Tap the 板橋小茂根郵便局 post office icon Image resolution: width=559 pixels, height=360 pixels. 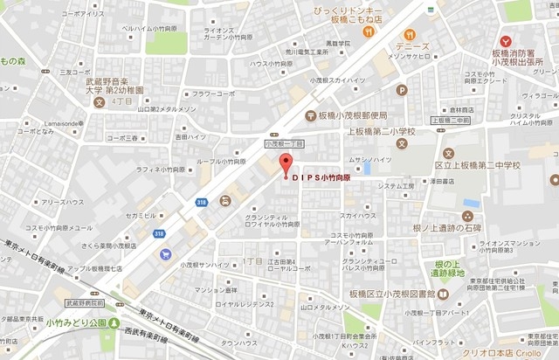[x=310, y=115]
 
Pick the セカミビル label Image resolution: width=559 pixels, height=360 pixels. [x=141, y=215]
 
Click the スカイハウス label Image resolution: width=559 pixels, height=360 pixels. [x=358, y=215]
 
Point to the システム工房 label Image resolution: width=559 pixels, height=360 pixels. [x=397, y=185]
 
